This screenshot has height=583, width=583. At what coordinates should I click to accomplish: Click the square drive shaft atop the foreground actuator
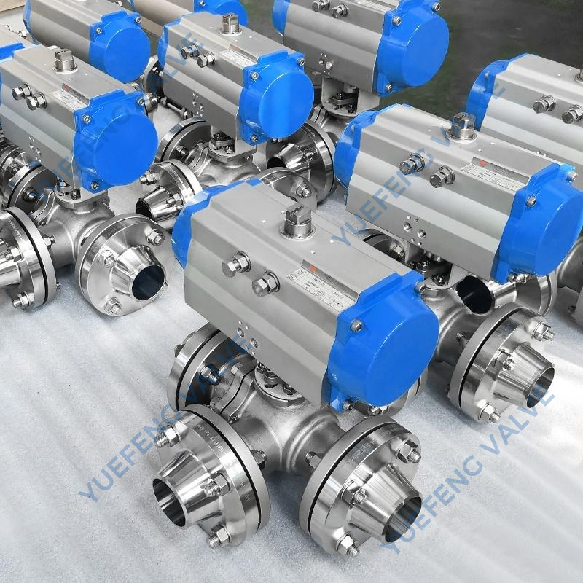[298, 219]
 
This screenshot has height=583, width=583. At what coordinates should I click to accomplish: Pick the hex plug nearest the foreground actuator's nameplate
[266, 283]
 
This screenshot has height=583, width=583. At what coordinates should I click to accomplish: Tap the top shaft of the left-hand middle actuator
[64, 60]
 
